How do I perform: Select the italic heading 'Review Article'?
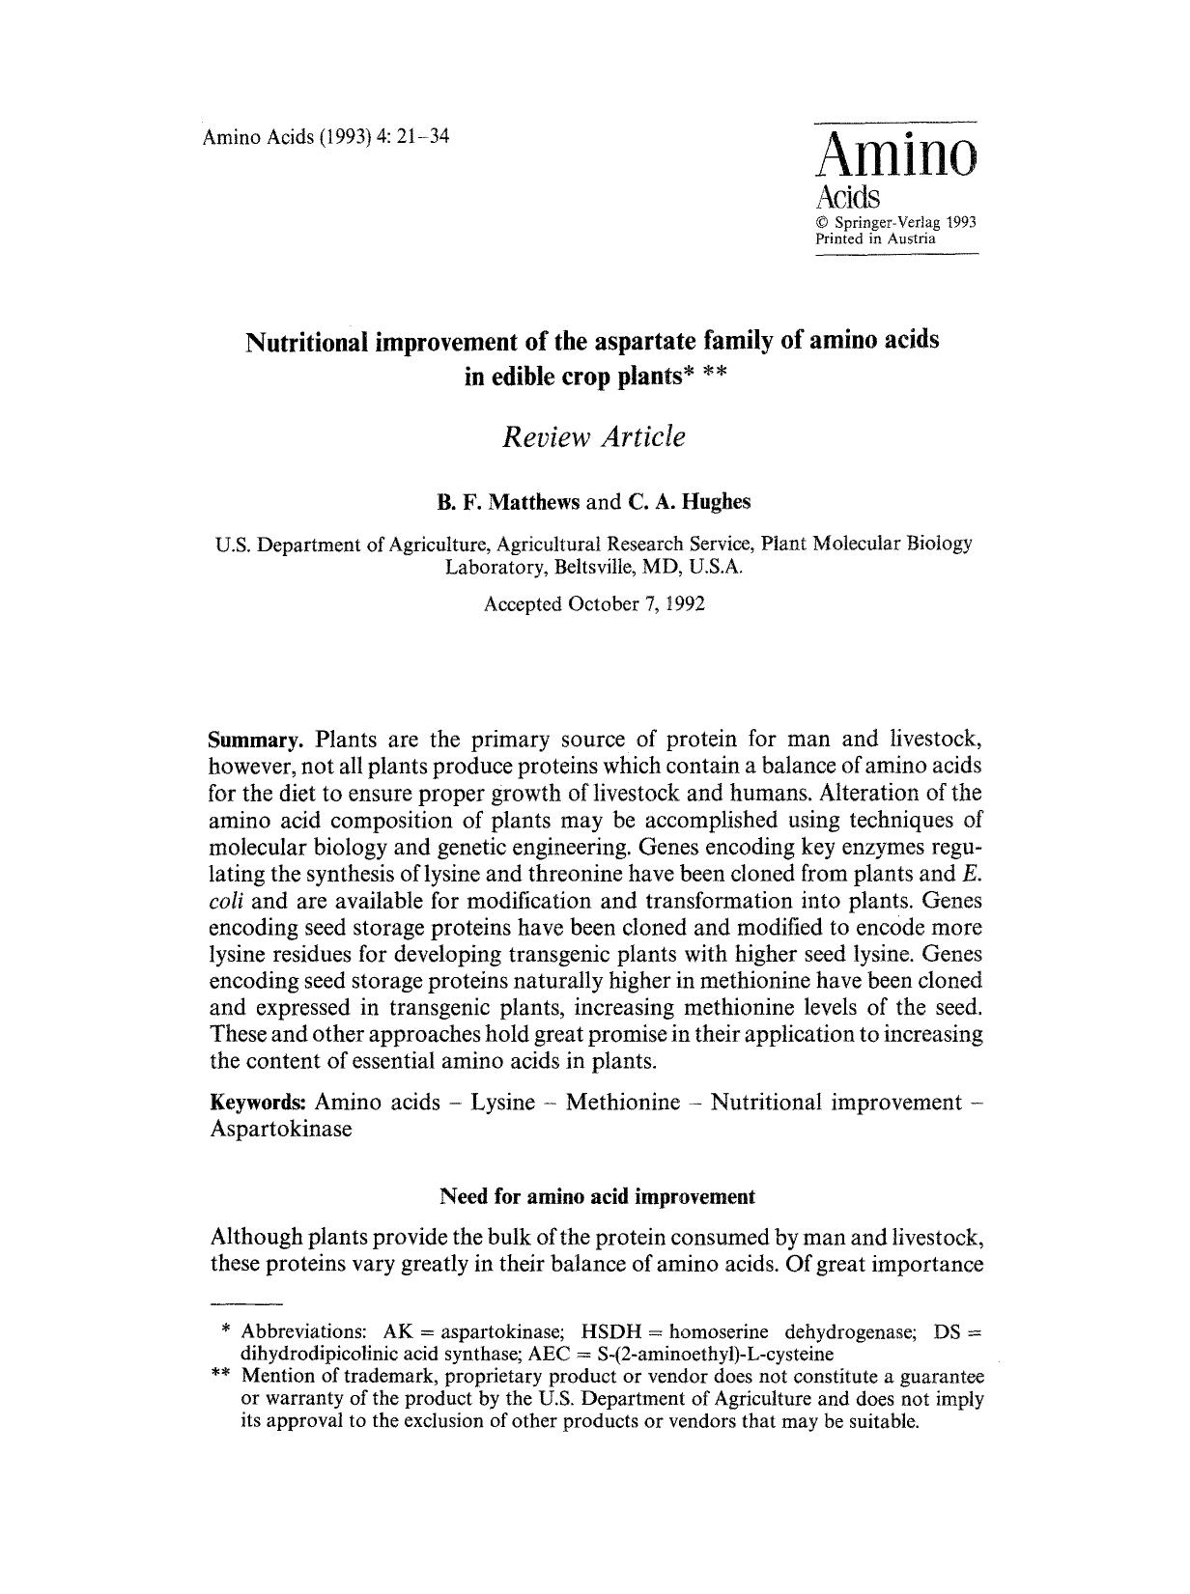pos(593,436)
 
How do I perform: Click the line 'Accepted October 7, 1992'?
pos(593,604)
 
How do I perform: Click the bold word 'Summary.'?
pos(256,741)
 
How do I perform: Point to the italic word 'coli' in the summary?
pos(225,902)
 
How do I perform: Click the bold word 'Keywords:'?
pos(258,1103)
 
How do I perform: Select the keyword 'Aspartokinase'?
pos(281,1130)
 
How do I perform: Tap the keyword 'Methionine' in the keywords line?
pos(623,1103)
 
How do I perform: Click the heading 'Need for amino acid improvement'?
pos(596,1197)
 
